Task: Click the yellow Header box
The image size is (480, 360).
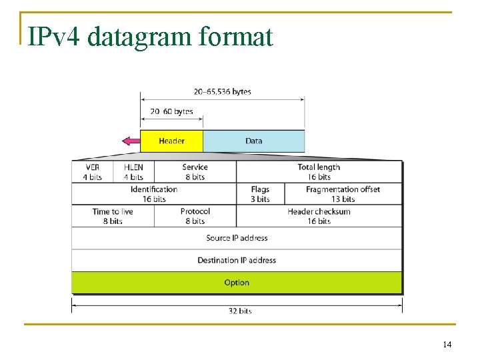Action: click(x=172, y=141)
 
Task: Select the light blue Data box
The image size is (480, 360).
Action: click(x=253, y=141)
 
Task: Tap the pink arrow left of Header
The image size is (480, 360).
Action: click(x=131, y=141)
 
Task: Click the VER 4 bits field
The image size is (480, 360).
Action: click(x=93, y=172)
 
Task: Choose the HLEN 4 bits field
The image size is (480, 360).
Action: click(x=133, y=172)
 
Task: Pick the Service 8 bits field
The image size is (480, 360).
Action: click(x=195, y=172)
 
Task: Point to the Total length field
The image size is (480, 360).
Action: click(x=319, y=172)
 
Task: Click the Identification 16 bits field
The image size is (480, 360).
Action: click(x=154, y=194)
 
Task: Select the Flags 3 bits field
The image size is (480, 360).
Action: click(x=260, y=194)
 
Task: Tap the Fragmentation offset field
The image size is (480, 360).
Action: click(x=343, y=194)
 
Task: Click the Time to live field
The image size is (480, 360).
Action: click(x=113, y=216)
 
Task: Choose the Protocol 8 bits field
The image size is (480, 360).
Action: click(x=195, y=216)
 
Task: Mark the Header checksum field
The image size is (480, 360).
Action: click(x=319, y=216)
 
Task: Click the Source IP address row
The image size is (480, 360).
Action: click(x=237, y=238)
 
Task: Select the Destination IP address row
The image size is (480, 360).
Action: click(x=237, y=260)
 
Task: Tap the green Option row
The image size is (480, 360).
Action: click(x=237, y=283)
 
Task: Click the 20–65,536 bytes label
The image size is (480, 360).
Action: click(x=223, y=91)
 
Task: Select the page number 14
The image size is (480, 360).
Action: click(x=447, y=345)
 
